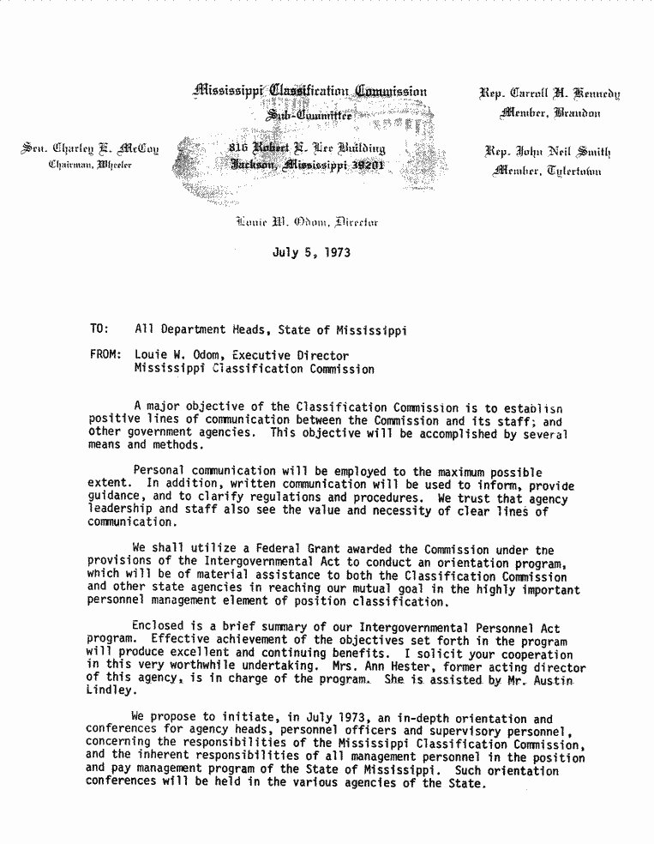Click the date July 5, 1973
coord(311,253)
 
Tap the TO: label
coord(99,329)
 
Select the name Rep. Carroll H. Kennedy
coord(551,94)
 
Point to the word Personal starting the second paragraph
coord(161,471)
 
